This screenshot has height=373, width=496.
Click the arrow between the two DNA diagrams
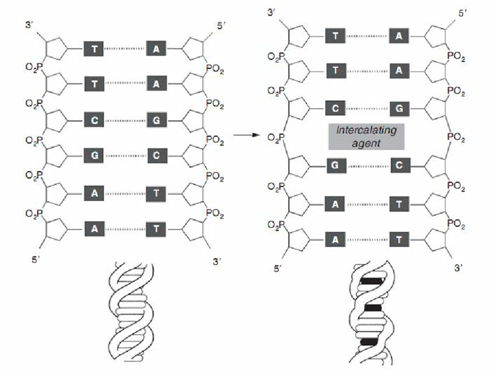tap(246, 135)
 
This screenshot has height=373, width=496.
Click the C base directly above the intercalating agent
tap(335, 109)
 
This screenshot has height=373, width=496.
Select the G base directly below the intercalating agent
tap(335, 165)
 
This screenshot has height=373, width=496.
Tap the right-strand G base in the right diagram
tap(399, 109)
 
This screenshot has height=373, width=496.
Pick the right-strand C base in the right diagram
tap(399, 165)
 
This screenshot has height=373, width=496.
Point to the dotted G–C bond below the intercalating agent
tap(366, 165)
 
